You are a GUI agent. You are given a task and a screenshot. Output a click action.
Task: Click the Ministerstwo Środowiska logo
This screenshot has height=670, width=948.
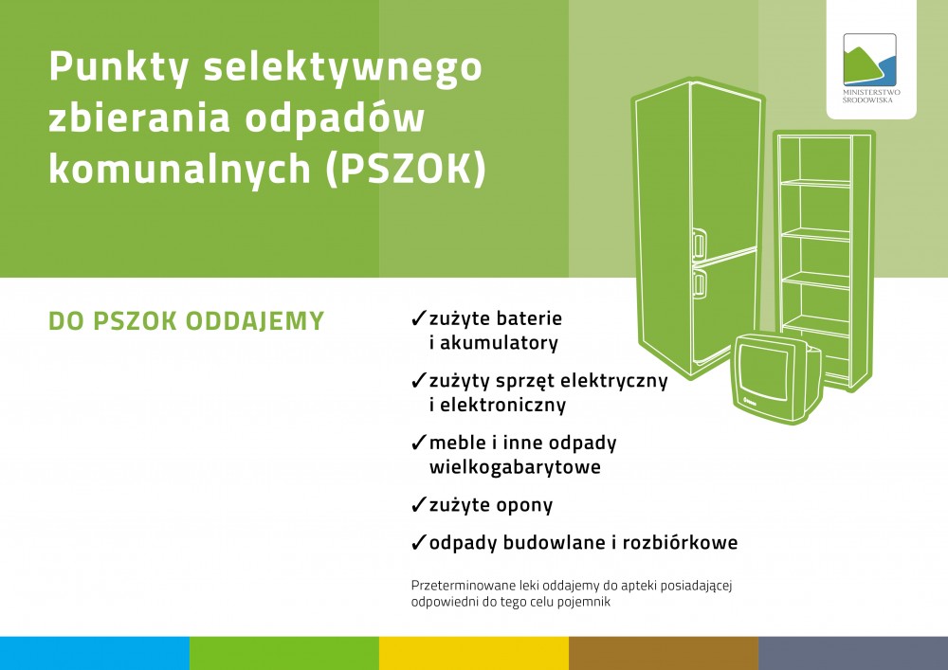(x=870, y=67)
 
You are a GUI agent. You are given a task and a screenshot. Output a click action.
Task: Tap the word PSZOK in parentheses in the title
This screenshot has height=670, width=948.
(x=405, y=170)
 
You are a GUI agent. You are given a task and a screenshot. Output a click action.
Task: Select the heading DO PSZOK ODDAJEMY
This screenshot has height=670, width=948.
(x=186, y=321)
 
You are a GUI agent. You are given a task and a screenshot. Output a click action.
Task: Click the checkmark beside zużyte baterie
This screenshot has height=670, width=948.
(x=418, y=317)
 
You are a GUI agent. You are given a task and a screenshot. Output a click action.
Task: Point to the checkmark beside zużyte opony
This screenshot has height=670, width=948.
(x=418, y=504)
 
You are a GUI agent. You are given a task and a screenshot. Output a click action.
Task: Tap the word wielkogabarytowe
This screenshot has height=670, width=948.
(x=515, y=467)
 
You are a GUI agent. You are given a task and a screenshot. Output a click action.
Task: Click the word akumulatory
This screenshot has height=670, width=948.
(x=499, y=342)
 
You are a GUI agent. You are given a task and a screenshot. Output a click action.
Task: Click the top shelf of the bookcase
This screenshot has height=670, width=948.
(x=815, y=183)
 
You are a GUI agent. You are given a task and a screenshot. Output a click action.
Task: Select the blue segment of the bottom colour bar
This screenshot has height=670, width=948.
(x=95, y=653)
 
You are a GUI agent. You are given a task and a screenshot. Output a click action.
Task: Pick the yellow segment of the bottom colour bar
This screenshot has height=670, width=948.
(x=474, y=653)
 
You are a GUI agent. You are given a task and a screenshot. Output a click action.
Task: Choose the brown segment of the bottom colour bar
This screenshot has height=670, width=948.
(x=664, y=653)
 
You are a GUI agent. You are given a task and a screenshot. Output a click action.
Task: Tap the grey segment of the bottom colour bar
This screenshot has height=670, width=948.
(x=853, y=653)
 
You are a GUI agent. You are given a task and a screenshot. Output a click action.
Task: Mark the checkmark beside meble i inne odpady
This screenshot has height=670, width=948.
(x=418, y=443)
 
